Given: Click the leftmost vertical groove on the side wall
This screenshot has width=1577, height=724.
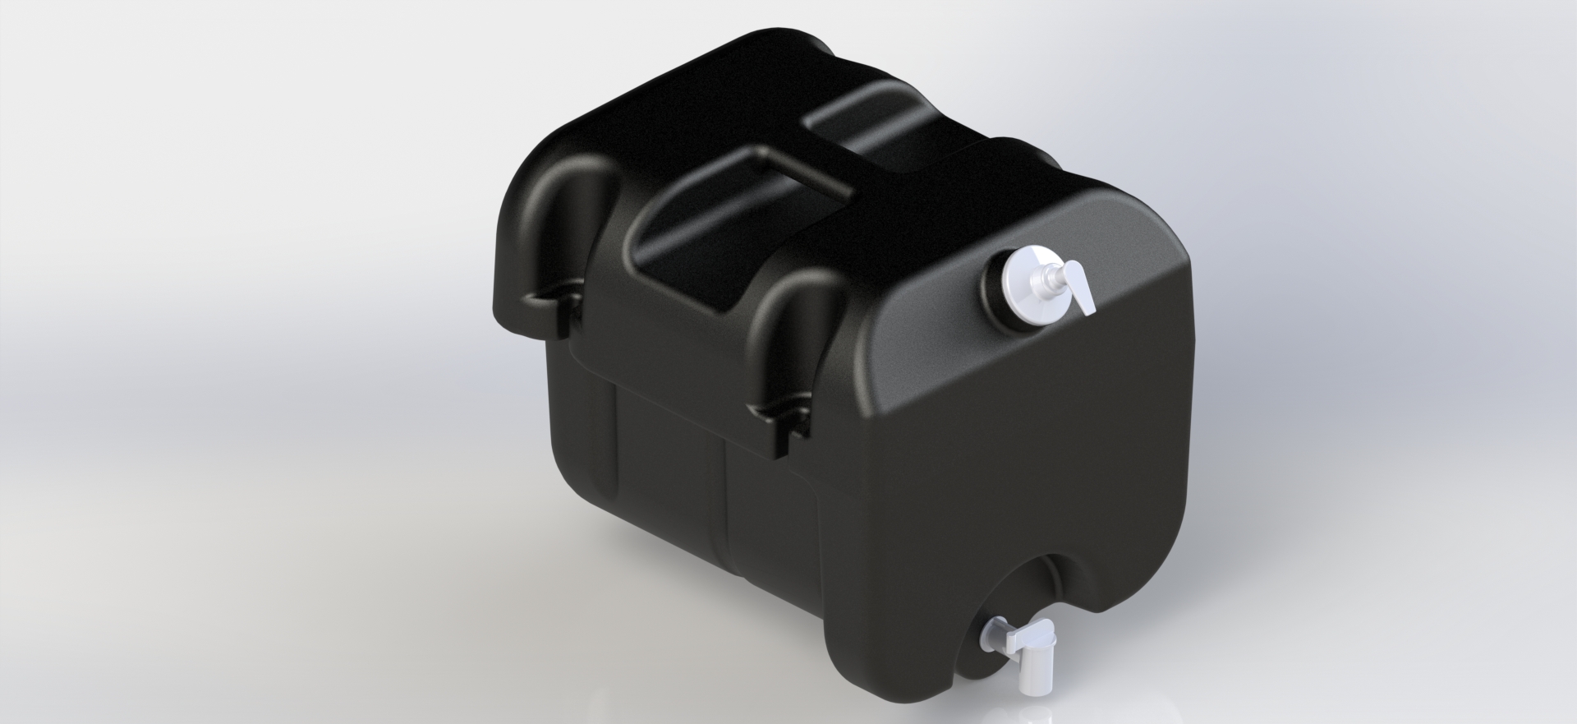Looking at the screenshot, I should tap(616, 460).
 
